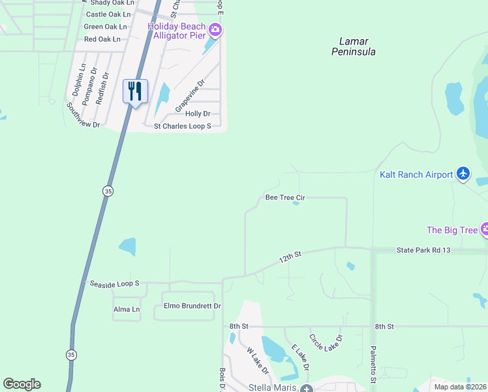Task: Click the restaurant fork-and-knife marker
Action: click(x=135, y=91)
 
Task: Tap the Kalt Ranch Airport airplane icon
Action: click(x=463, y=173)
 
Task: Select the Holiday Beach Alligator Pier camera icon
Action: click(x=215, y=29)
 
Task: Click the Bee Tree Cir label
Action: click(x=285, y=197)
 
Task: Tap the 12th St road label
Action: click(x=290, y=255)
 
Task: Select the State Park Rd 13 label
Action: click(x=423, y=250)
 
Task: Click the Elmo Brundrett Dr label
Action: click(x=192, y=306)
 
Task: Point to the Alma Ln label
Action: click(x=127, y=309)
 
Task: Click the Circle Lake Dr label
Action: click(x=326, y=347)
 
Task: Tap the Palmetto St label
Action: click(x=373, y=365)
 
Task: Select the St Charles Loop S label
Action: click(x=182, y=125)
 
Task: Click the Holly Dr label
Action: click(x=198, y=114)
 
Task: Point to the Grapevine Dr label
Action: click(x=189, y=94)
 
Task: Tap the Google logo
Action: click(x=22, y=384)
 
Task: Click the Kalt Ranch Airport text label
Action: click(x=416, y=174)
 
